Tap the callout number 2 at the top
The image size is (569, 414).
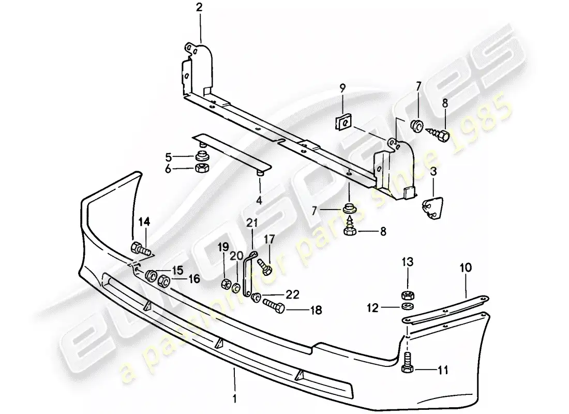click(x=200, y=7)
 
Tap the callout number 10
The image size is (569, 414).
click(x=465, y=268)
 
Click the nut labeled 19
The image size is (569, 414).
click(x=226, y=284)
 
